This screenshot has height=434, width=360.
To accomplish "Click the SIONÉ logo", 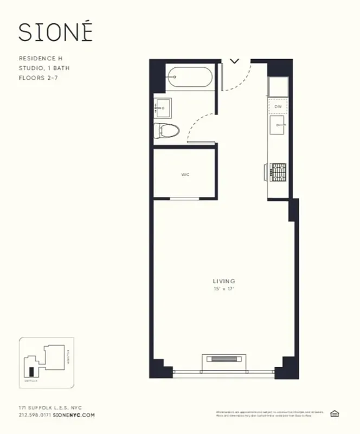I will (x=55, y=32).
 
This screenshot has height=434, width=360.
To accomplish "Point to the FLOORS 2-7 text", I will (x=40, y=78).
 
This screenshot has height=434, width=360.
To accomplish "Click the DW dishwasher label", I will (x=278, y=107).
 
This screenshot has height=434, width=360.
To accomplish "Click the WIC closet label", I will (x=185, y=175).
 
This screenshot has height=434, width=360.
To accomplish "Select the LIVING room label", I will (x=224, y=281).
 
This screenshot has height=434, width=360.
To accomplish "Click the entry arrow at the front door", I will (x=235, y=61).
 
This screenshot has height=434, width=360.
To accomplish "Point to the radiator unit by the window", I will (x=223, y=360).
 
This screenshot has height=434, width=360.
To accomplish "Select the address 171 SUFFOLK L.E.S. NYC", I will (x=49, y=407).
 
